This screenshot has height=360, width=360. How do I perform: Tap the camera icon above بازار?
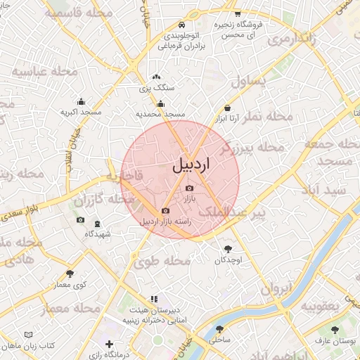pyautogui.click(x=188, y=188)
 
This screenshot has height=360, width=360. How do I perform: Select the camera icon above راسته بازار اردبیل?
pyautogui.click(x=165, y=210)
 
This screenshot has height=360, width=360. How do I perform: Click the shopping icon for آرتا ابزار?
pyautogui.click(x=227, y=108)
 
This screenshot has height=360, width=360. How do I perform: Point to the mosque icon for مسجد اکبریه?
pyautogui.click(x=81, y=101)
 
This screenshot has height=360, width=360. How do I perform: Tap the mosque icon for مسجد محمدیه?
pyautogui.click(x=160, y=104)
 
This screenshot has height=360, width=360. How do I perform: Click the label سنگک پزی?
pyautogui.click(x=156, y=88)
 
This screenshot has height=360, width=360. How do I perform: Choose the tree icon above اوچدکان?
pyautogui.click(x=228, y=249)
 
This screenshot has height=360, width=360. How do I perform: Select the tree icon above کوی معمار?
pyautogui.click(x=70, y=274)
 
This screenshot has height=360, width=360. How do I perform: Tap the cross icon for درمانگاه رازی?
pyautogui.click(x=108, y=344)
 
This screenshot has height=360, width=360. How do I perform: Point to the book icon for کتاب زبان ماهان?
pyautogui.click(x=29, y=335)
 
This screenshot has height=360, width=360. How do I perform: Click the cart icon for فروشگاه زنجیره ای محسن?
pyautogui.click(x=238, y=13)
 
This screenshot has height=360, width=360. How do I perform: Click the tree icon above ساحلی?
pyautogui.click(x=220, y=328)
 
